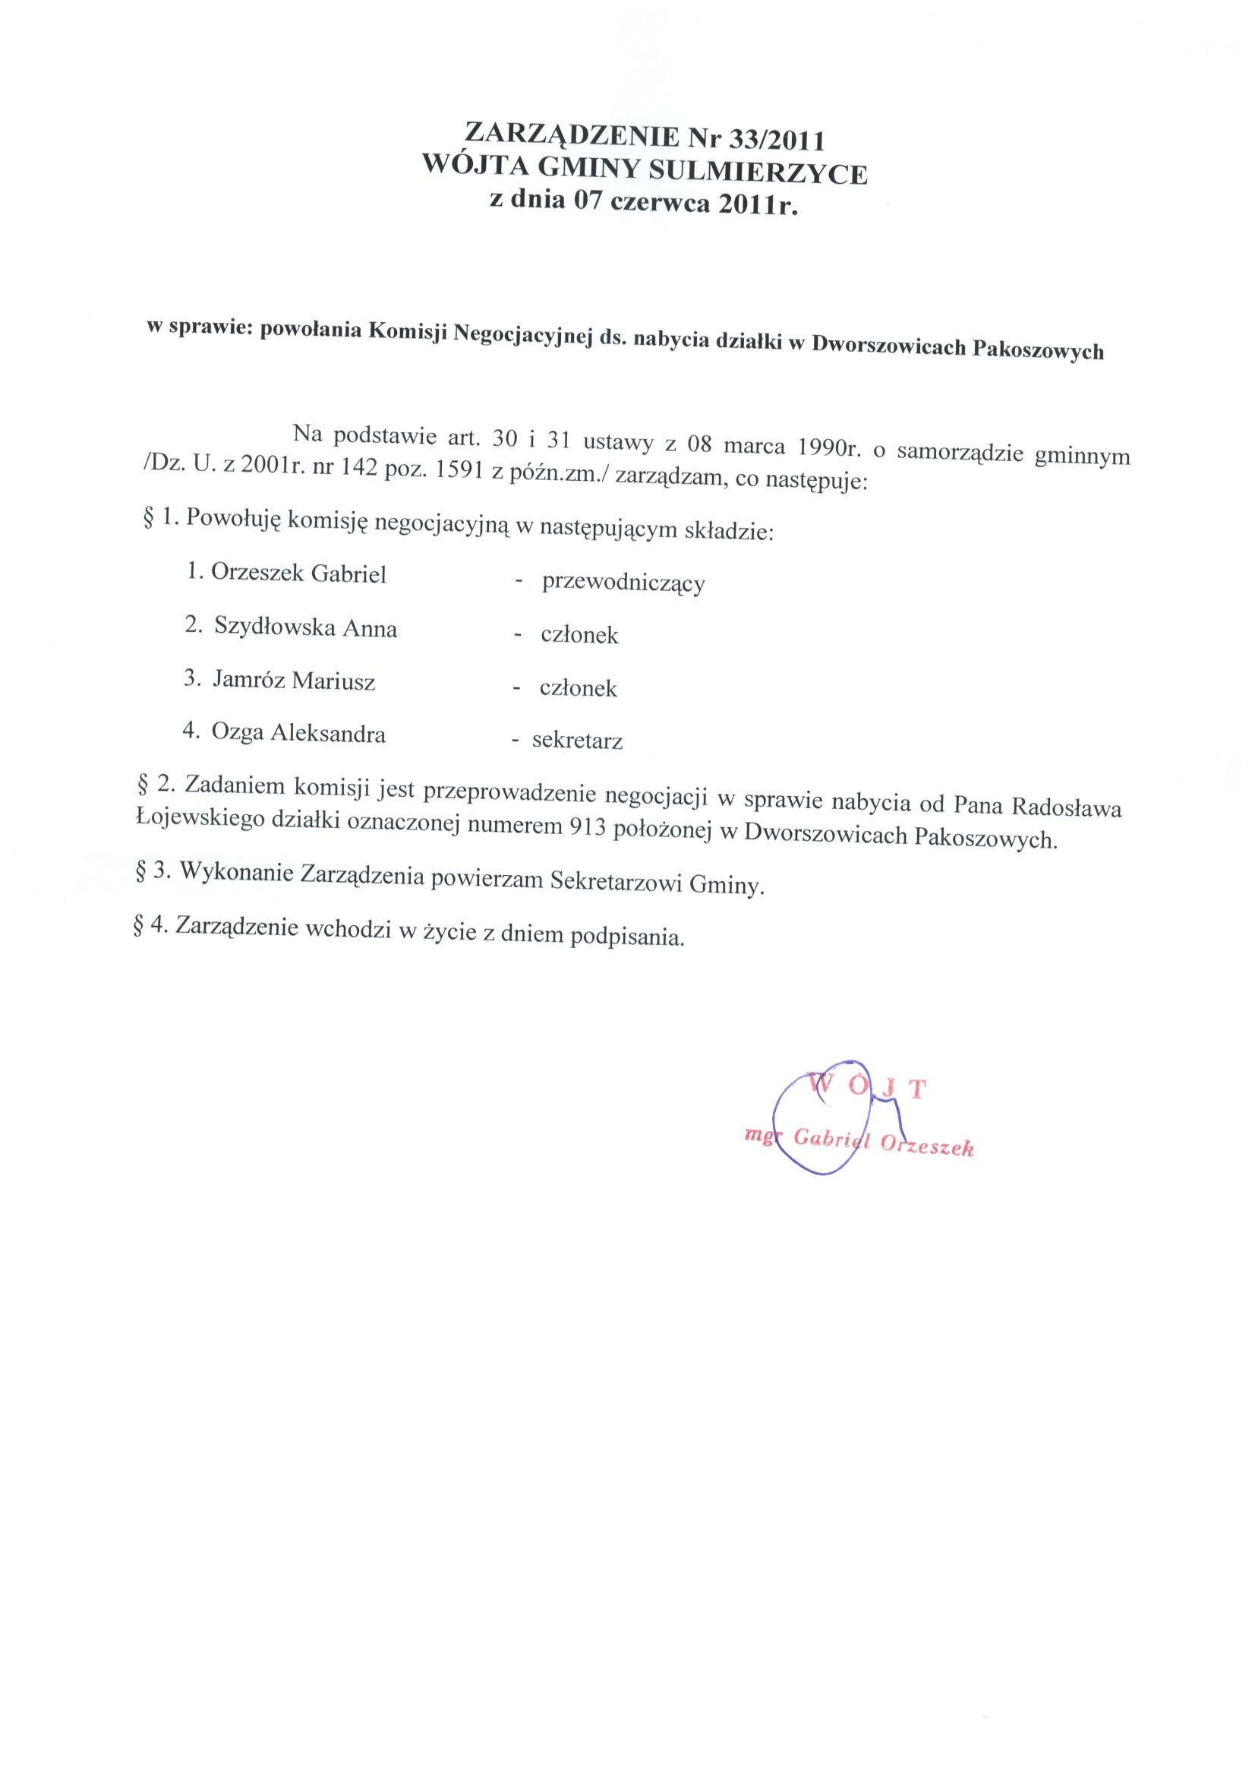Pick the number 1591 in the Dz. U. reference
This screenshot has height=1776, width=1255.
click(x=460, y=473)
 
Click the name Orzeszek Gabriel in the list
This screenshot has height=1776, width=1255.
click(x=298, y=574)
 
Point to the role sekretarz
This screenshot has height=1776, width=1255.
click(x=577, y=741)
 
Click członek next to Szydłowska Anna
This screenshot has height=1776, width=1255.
click(x=579, y=636)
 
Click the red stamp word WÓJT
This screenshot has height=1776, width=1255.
click(x=866, y=1087)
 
